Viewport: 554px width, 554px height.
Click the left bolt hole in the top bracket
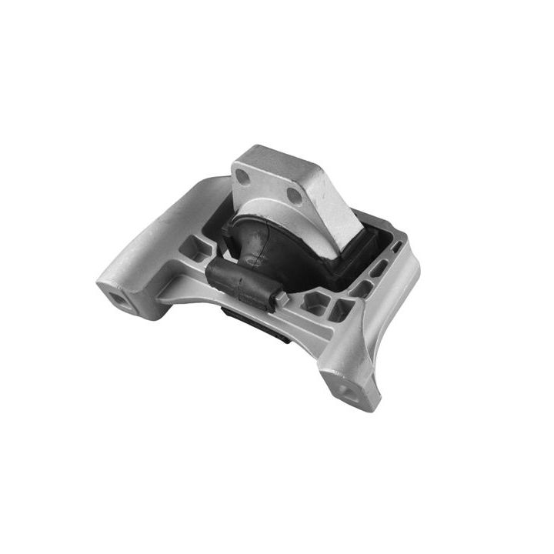click(x=243, y=176)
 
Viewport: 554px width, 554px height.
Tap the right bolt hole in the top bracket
click(x=295, y=195)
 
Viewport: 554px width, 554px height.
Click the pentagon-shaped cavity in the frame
click(x=314, y=302)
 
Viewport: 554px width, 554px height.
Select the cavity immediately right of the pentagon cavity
click(x=340, y=310)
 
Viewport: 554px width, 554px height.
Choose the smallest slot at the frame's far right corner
click(x=397, y=248)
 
